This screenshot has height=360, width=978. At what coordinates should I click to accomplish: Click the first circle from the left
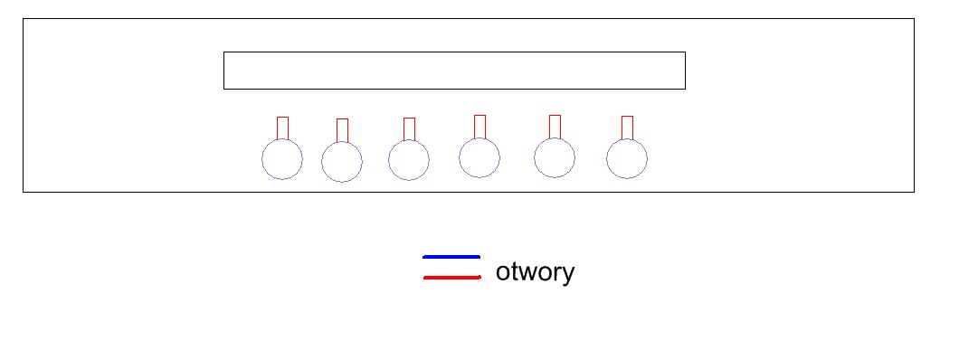(x=262, y=159)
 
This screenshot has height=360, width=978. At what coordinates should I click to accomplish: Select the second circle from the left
(x=322, y=162)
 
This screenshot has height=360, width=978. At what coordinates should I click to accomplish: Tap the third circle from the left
(x=389, y=160)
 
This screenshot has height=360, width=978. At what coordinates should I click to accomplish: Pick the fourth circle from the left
(x=459, y=158)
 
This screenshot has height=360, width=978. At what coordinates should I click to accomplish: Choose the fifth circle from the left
(x=534, y=158)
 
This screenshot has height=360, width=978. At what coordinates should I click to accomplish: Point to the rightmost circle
(x=606, y=158)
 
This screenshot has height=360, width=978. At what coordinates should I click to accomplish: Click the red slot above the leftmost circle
(x=277, y=128)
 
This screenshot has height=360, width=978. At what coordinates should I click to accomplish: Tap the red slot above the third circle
(x=404, y=129)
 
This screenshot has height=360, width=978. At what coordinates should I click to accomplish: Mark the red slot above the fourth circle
(x=474, y=127)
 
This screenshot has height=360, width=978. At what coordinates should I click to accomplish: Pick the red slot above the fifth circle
(x=549, y=127)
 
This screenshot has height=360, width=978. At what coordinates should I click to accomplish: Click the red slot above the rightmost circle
(x=622, y=128)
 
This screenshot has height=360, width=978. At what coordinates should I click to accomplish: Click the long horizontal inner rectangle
(x=454, y=52)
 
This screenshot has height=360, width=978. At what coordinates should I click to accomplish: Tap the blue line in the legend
(x=451, y=256)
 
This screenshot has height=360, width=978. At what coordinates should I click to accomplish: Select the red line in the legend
(x=452, y=277)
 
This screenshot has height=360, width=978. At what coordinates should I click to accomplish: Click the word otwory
(x=535, y=272)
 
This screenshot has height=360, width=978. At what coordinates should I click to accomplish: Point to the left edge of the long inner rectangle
(x=223, y=71)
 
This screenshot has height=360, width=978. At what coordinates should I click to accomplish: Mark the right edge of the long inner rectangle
(x=686, y=71)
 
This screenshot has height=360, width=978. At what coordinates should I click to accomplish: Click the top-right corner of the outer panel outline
(x=915, y=19)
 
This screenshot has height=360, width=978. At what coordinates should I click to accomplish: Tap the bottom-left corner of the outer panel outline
(x=24, y=192)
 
